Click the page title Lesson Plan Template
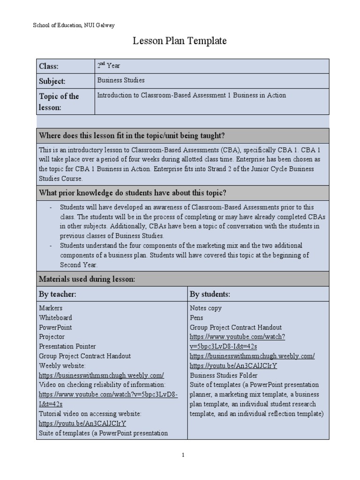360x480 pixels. click(180, 41)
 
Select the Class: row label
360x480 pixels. click(49, 67)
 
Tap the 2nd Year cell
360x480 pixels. click(108, 66)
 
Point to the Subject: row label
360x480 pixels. click(52, 81)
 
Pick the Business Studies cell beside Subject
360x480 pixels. click(120, 80)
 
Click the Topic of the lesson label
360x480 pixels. click(59, 102)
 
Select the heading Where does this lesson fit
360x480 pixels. click(132, 136)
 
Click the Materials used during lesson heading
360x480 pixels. click(87, 279)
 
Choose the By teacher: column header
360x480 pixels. click(58, 294)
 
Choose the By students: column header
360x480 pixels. click(210, 294)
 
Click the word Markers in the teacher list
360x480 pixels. click(51, 308)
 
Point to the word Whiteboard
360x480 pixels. click(55, 318)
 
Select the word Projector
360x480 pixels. click(52, 337)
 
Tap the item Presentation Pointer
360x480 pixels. click(67, 346)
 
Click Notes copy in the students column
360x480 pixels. click(206, 308)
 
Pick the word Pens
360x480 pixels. click(196, 318)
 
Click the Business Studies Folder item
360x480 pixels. click(224, 375)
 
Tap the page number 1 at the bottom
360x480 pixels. click(183, 455)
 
